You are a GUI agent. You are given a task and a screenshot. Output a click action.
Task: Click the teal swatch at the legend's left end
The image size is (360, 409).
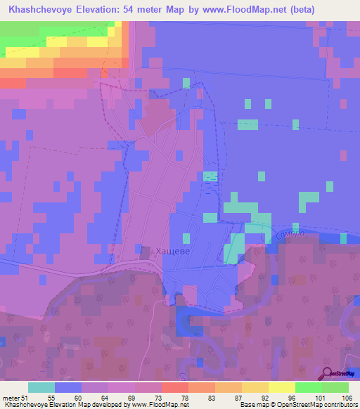pyautogui.click(x=41, y=387)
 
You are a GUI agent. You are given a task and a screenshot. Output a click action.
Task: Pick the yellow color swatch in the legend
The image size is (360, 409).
pyautogui.click(x=282, y=387)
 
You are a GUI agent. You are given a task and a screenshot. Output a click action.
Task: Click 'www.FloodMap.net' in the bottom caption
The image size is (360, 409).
pyautogui.click(x=159, y=405)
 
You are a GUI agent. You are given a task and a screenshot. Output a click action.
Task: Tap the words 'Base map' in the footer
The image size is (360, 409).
pyautogui.click(x=252, y=405)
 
